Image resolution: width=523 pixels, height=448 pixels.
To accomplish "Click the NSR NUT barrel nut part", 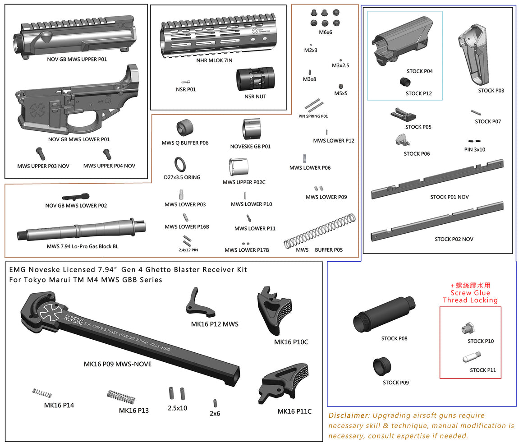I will pos(255,79).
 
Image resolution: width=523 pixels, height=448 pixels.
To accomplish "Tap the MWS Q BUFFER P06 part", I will pos(185,128).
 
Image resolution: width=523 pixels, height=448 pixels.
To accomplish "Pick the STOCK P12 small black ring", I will pos(404,82).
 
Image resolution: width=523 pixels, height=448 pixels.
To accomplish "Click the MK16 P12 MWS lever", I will pos(198,302).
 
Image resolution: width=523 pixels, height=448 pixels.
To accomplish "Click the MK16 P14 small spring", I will pos(39,393).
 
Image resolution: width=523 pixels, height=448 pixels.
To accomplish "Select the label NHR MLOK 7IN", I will pos(214,60).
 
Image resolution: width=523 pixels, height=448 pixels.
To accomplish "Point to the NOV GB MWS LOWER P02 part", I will pos(76,197).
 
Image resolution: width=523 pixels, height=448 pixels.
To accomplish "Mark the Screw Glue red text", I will pos(470,293).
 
